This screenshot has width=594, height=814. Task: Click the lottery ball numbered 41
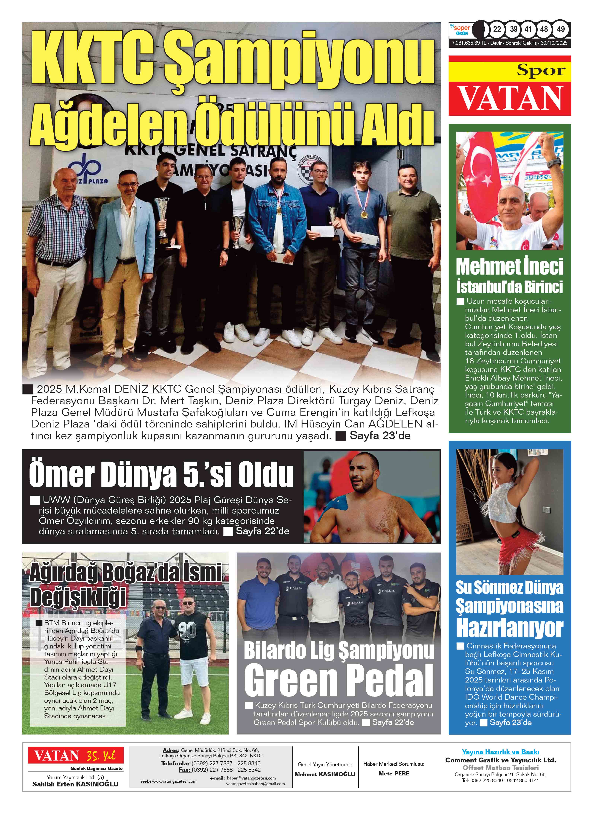[x=528, y=29]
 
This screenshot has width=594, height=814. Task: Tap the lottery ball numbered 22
[x=497, y=29]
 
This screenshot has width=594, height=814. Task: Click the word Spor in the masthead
[x=541, y=70]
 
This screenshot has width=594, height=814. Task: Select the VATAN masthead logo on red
[x=509, y=98]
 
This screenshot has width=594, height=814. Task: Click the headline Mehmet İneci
[x=509, y=267]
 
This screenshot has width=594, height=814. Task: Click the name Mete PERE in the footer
[x=394, y=773]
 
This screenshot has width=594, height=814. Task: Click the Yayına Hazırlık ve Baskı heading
[x=500, y=752]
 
